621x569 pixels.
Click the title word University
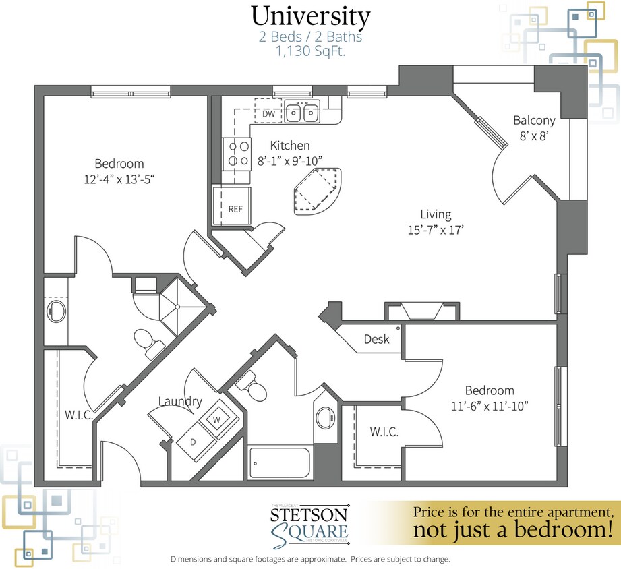[x=311, y=16]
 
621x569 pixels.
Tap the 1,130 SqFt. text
[x=311, y=51]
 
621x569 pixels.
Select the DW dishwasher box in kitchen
[x=268, y=114]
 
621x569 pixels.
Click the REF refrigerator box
[x=235, y=208]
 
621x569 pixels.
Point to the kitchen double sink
[x=301, y=113]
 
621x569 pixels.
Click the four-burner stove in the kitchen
[x=237, y=152]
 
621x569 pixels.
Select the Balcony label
[x=534, y=121]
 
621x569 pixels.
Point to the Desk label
[x=376, y=339]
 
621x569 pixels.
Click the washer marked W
[x=218, y=419]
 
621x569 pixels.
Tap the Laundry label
[x=180, y=402]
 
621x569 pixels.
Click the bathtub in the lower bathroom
[x=279, y=462]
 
